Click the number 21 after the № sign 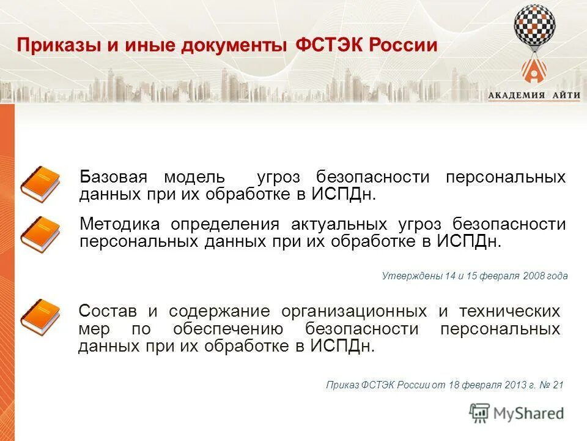coord(557,385)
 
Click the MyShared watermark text coord(530,413)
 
